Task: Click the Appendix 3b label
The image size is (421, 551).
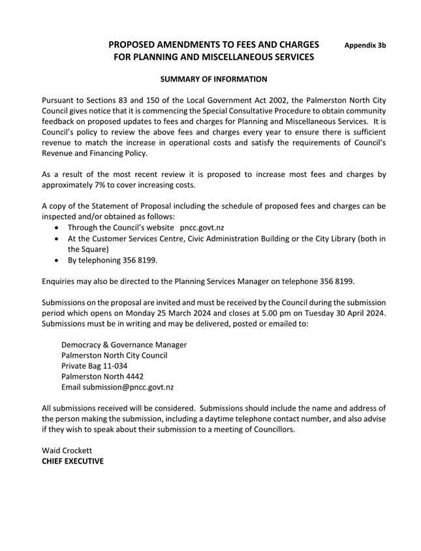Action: coord(365,46)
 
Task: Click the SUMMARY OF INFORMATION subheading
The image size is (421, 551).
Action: coord(213,79)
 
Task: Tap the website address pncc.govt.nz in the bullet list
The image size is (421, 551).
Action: coord(202,227)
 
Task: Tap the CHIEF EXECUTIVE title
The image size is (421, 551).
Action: coord(72,461)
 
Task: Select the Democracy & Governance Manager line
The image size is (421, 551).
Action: coord(124,345)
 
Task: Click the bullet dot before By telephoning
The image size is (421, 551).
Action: coord(59,259)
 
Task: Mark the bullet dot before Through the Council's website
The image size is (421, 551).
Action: coord(59,228)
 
